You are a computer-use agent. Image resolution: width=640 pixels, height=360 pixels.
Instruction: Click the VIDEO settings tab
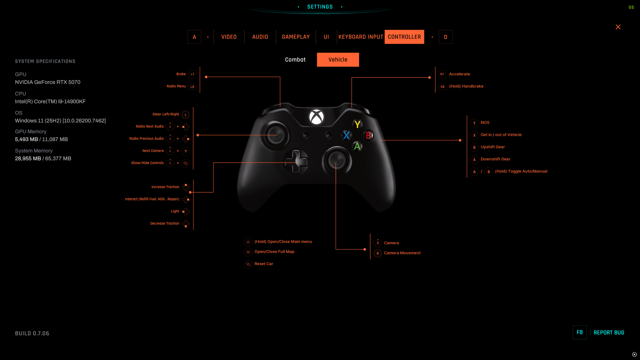[229, 37]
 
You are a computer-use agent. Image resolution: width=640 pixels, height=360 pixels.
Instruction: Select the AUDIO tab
[260, 37]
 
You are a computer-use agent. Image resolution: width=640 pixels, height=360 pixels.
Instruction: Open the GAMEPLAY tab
[296, 37]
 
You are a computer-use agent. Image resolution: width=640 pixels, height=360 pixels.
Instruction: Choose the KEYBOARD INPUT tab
[361, 37]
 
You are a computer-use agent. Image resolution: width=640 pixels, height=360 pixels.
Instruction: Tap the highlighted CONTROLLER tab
[404, 37]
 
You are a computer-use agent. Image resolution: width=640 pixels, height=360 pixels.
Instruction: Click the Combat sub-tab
[295, 60]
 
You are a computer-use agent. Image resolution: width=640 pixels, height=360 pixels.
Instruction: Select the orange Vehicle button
[338, 60]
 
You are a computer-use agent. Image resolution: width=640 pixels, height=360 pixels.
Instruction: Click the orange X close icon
[618, 27]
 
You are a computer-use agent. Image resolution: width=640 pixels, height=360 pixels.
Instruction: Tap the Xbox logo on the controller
[316, 117]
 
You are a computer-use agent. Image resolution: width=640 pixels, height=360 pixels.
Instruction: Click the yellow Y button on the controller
[357, 124]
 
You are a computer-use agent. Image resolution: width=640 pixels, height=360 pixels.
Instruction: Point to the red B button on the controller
[368, 135]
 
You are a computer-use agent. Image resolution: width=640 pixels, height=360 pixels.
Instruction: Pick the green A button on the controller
[357, 147]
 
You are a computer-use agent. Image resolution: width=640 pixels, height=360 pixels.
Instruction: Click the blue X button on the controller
[346, 135]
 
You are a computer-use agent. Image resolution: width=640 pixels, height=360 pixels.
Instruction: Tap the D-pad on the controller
[296, 162]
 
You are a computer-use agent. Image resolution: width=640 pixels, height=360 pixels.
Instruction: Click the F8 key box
[580, 332]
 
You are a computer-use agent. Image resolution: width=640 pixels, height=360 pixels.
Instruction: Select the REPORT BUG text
[609, 333]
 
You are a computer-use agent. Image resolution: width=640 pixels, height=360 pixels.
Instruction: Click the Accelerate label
[460, 74]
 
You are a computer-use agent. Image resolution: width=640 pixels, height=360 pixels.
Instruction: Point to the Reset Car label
[264, 264]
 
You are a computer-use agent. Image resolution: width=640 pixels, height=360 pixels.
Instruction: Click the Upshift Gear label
[492, 147]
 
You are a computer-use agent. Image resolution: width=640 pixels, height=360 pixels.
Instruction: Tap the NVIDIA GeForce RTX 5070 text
[48, 82]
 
